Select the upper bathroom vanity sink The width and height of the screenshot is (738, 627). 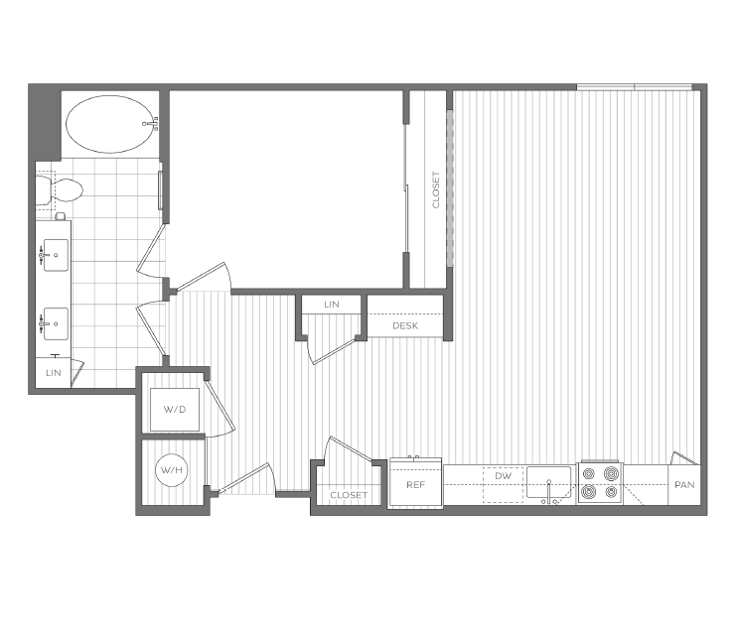tap(56, 255)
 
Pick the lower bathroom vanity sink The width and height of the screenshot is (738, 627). tap(56, 321)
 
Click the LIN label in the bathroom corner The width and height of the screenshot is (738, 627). tap(53, 372)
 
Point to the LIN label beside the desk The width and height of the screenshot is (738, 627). tap(331, 305)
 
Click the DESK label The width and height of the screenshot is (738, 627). tap(405, 325)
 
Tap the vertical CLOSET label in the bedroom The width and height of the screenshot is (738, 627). tap(435, 189)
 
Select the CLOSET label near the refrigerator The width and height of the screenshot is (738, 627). tap(349, 495)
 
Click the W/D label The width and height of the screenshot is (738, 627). tap(175, 409)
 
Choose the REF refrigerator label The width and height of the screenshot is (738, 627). tap(415, 485)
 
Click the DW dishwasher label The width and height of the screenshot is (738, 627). tap(503, 477)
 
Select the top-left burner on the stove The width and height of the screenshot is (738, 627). tap(589, 473)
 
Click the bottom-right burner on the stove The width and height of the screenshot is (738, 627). tap(610, 491)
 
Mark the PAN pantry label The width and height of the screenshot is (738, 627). tap(683, 485)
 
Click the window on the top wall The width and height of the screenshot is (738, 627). tap(637, 87)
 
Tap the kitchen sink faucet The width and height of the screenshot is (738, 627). tap(548, 499)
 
